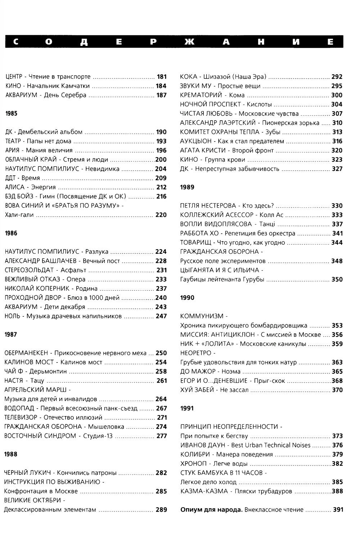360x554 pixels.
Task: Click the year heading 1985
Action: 12,113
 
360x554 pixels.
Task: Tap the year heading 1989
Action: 187,187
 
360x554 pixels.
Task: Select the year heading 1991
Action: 187,408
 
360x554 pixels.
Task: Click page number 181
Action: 162,77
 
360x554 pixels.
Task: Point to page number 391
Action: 338,510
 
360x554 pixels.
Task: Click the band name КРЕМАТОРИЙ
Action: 201,95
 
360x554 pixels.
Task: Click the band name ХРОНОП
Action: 193,464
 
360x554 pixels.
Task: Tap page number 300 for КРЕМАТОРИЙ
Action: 337,95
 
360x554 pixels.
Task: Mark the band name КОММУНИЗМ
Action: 202,316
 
